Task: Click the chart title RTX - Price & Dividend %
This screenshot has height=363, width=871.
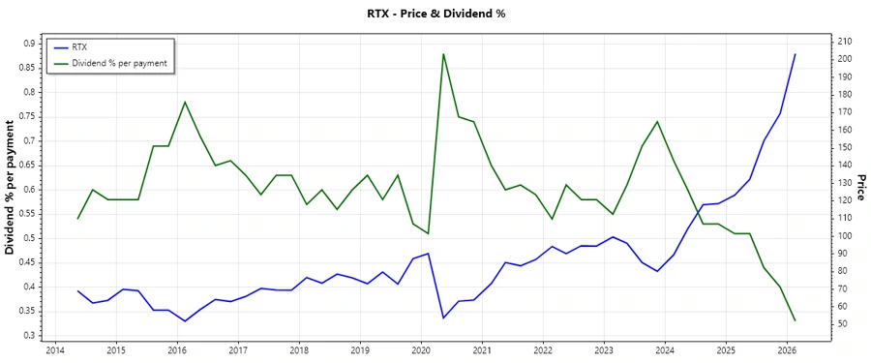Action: pos(435,14)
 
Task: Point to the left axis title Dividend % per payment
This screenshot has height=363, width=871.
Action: pos(11,188)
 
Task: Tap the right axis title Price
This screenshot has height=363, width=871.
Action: pos(859,188)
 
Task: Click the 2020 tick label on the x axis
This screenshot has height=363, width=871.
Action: pos(421,350)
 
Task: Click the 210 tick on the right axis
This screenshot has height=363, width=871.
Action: pos(845,42)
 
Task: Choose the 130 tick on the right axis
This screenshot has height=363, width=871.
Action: pos(845,183)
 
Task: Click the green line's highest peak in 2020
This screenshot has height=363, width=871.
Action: pos(443,54)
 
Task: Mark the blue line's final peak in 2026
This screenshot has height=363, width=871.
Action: pos(796,54)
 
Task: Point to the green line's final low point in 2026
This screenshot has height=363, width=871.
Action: pos(796,320)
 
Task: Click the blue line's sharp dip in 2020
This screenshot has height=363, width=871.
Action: pos(443,318)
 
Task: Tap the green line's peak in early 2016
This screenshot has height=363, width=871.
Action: pos(184,102)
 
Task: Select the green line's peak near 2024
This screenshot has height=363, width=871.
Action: pos(657,122)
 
